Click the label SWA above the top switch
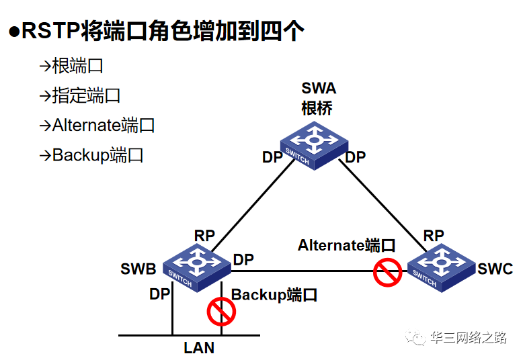click(x=319, y=89)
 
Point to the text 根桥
click(x=317, y=108)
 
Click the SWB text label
click(x=138, y=269)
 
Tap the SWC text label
click(x=495, y=269)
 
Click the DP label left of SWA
click(x=272, y=157)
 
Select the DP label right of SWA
click(x=355, y=157)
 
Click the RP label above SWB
click(x=204, y=236)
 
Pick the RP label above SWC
click(x=434, y=236)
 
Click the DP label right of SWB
click(x=243, y=259)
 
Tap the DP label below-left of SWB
click(x=160, y=294)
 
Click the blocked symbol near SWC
click(x=388, y=273)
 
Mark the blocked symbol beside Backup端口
click(x=221, y=311)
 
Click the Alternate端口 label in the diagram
click(x=346, y=245)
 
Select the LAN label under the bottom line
click(x=199, y=347)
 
